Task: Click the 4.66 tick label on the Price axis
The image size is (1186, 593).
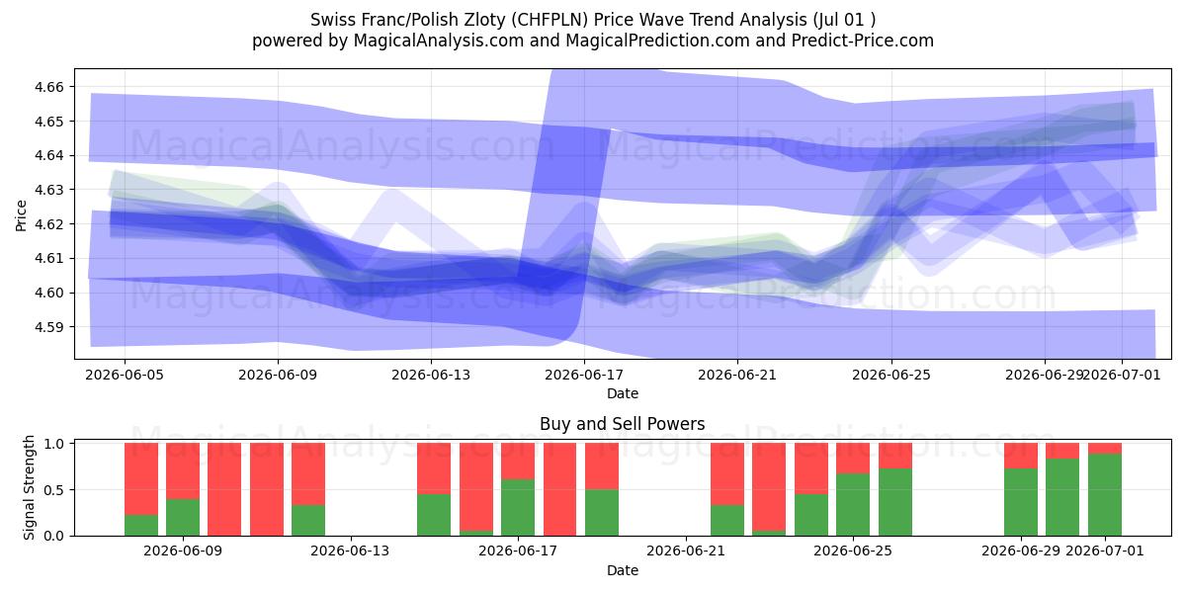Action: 48,87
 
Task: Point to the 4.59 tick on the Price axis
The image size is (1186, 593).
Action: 48,327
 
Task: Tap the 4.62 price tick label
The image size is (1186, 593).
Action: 48,224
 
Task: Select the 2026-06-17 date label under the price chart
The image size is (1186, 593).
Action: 584,375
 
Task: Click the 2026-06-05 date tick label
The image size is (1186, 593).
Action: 125,375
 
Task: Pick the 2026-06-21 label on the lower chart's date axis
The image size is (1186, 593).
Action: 686,551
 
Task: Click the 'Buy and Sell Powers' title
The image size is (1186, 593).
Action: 622,424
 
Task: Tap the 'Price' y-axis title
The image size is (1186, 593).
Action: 21,215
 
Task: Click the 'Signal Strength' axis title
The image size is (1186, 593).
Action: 29,487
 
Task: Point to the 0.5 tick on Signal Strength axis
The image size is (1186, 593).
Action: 54,490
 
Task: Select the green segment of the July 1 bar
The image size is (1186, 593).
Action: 1105,494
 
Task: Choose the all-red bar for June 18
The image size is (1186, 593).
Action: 559,489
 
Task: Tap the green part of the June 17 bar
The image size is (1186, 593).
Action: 518,508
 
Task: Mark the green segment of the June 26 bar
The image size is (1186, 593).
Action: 895,502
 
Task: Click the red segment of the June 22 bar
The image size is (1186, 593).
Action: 727,473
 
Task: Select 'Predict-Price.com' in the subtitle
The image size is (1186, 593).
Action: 863,41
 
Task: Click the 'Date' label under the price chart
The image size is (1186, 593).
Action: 622,393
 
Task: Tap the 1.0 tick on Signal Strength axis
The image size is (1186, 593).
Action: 54,444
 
